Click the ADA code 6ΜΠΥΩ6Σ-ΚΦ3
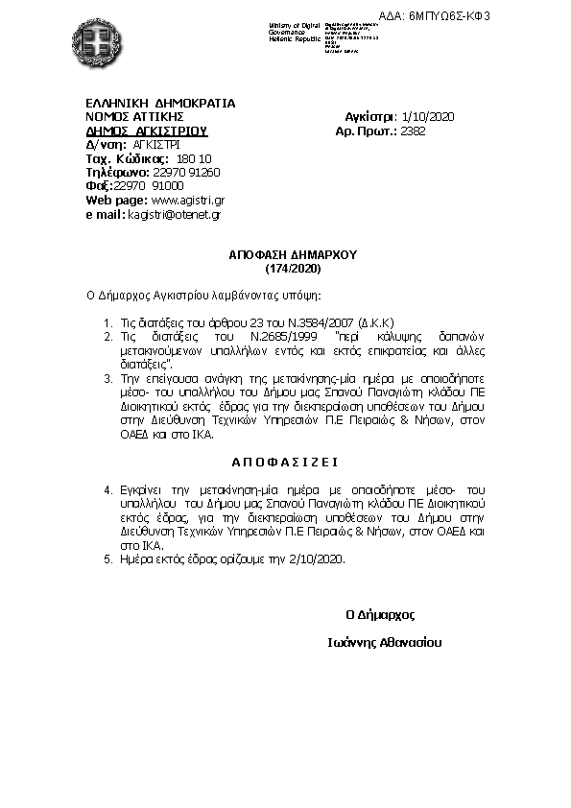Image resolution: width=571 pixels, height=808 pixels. tap(516, 16)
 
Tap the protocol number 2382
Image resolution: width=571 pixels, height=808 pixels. tap(414, 131)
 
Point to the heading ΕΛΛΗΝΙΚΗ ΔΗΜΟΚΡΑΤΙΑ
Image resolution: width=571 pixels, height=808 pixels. tap(160, 103)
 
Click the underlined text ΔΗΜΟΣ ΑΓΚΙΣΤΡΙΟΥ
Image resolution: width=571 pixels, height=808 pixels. tap(147, 131)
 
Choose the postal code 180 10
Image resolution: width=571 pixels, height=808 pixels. tap(195, 158)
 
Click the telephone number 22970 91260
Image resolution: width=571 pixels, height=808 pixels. tap(186, 172)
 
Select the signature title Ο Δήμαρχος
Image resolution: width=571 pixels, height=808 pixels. tap(380, 614)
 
